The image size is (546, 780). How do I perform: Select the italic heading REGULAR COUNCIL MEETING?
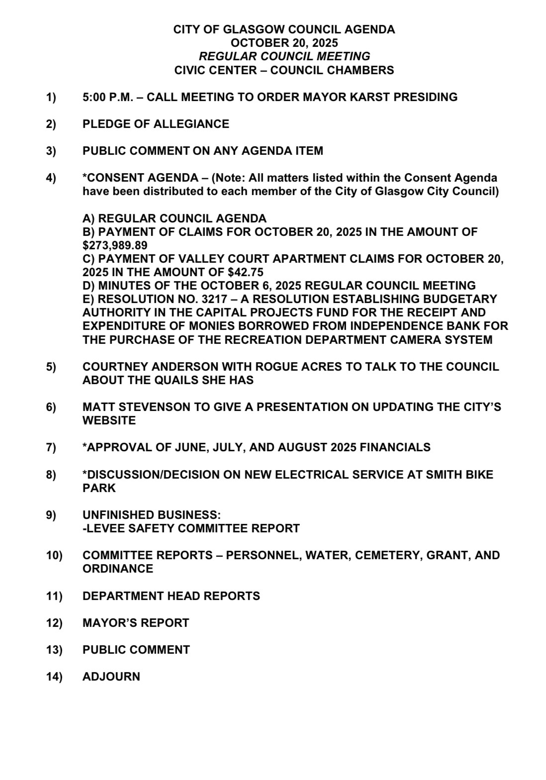click(x=284, y=56)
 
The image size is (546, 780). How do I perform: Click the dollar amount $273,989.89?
click(x=115, y=245)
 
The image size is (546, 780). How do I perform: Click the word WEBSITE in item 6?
click(x=109, y=420)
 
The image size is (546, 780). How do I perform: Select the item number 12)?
click(x=54, y=623)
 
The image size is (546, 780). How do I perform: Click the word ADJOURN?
click(x=111, y=677)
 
